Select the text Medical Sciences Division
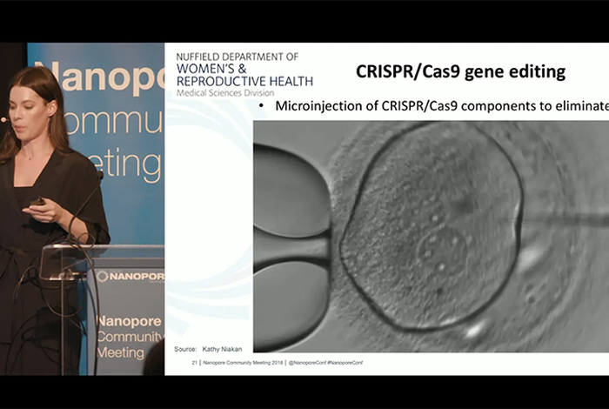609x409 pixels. pyautogui.click(x=217, y=92)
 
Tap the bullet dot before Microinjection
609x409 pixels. pyautogui.click(x=261, y=106)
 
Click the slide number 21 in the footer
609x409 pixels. pyautogui.click(x=195, y=362)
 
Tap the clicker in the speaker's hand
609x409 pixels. pyautogui.click(x=37, y=202)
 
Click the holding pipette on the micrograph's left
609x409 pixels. pyautogui.click(x=287, y=235)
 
